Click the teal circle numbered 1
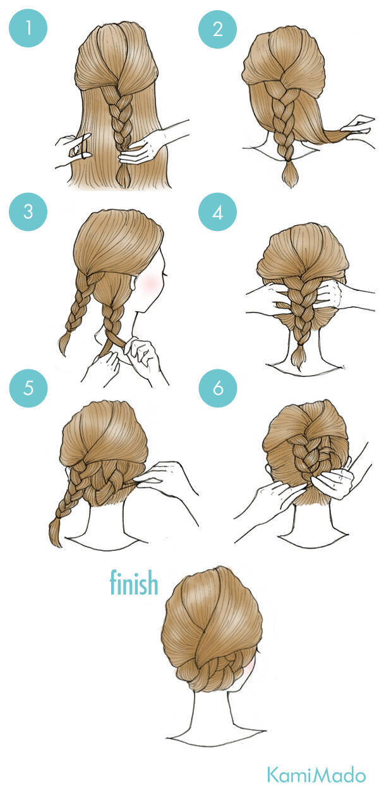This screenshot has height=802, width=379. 28,28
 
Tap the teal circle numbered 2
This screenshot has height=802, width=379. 217,28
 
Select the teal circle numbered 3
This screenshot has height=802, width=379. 28,212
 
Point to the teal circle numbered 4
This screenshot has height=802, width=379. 217,212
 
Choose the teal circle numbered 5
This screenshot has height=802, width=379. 28,388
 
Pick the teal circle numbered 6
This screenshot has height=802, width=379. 217,388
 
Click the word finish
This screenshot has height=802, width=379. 134,583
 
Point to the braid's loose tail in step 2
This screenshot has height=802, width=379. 291,175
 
